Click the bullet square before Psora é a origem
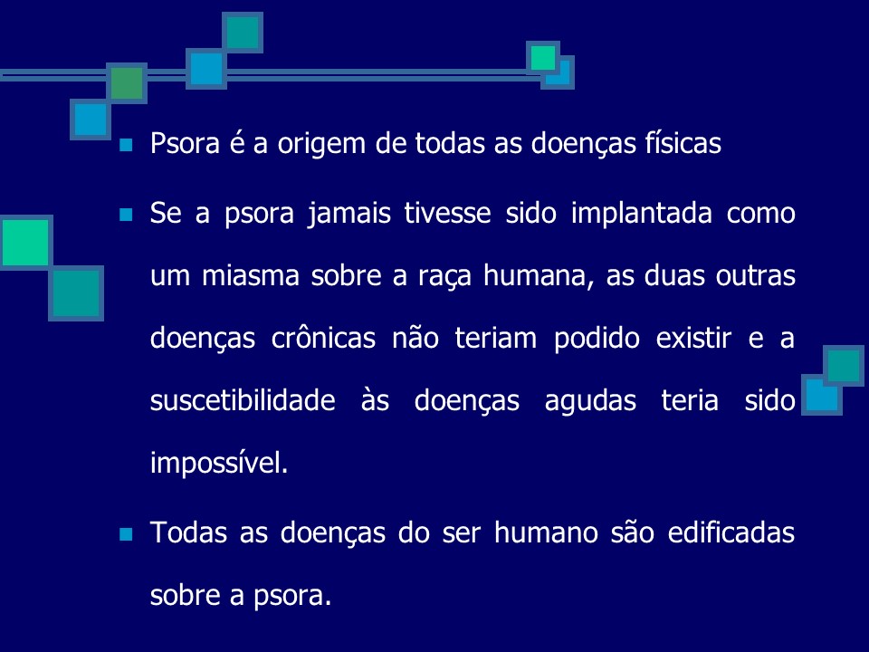[x=126, y=145]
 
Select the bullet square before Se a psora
[x=126, y=215]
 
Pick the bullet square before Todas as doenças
[x=126, y=532]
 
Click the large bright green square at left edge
[x=26, y=242]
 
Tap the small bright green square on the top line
[x=543, y=58]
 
